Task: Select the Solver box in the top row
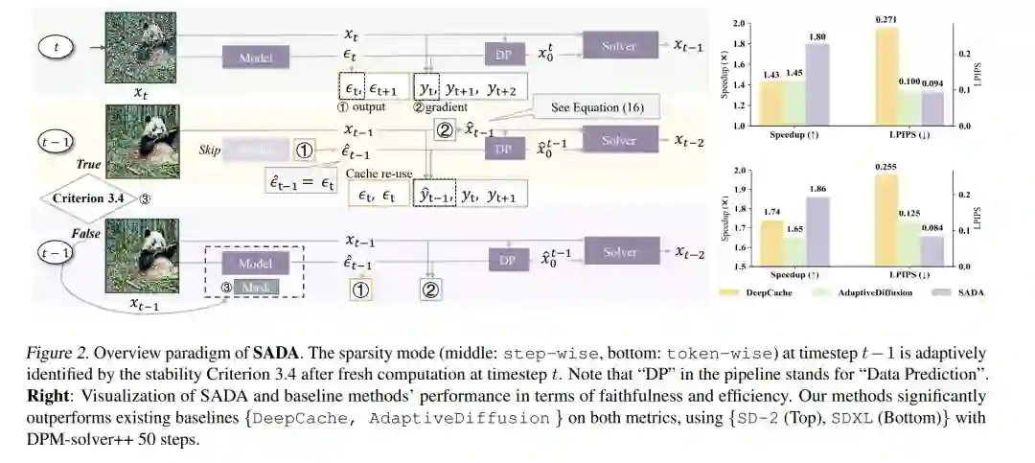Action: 619,45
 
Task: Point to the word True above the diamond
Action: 88,165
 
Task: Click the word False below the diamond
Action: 88,233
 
